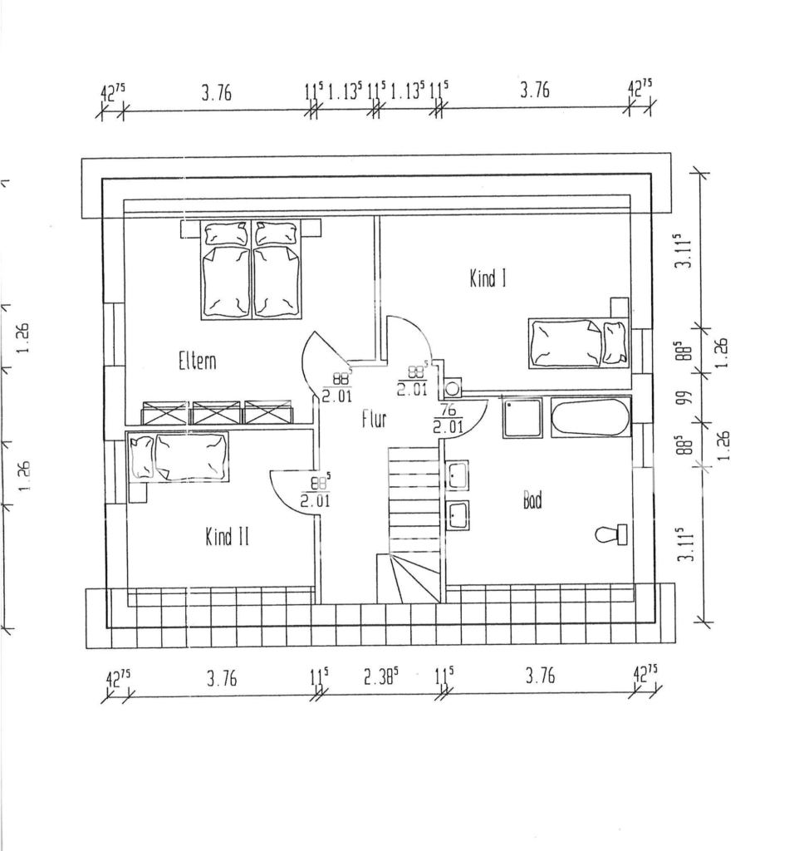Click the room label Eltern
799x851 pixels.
pos(198,361)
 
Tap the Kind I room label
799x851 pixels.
pos(488,278)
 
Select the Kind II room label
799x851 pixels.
pos(227,536)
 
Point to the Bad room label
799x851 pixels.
pos(532,499)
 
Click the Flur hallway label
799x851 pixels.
pos(375,419)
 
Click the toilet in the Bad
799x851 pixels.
pos(611,534)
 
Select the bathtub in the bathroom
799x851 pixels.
pos(591,417)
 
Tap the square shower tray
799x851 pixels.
pos(522,418)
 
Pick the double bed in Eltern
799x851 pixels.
pos(250,269)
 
